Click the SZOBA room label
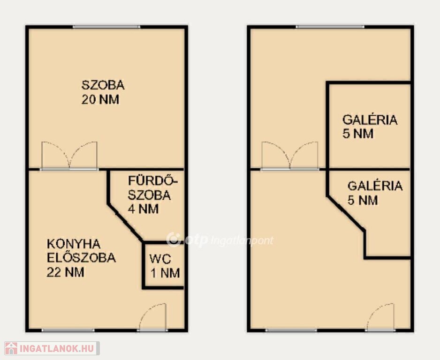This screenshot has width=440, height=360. pyautogui.click(x=103, y=85)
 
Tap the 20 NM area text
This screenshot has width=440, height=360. pyautogui.click(x=100, y=99)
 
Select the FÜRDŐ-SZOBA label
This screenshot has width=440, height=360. pyautogui.click(x=152, y=188)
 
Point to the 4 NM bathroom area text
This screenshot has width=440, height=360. pyautogui.click(x=143, y=209)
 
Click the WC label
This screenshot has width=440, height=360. pyautogui.click(x=160, y=259)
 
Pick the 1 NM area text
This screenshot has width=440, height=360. pyautogui.click(x=165, y=273)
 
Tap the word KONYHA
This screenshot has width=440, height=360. pyautogui.click(x=74, y=244)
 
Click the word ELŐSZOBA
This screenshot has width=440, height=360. pyautogui.click(x=81, y=258)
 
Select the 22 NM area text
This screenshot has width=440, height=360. pyautogui.click(x=65, y=272)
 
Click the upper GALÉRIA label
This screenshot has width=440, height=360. pyautogui.click(x=370, y=120)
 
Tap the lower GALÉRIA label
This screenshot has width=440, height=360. pyautogui.click(x=375, y=186)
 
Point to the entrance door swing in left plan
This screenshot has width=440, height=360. pyautogui.click(x=152, y=317)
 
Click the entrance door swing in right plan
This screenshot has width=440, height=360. pyautogui.click(x=380, y=317)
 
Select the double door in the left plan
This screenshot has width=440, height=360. pyautogui.click(x=69, y=156)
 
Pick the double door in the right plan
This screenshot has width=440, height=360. pyautogui.click(x=289, y=156)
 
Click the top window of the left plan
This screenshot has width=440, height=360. pyautogui.click(x=106, y=27)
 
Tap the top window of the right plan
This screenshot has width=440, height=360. pyautogui.click(x=330, y=27)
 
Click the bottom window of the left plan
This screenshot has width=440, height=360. pyautogui.click(x=68, y=330)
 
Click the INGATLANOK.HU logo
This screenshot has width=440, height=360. pyautogui.click(x=52, y=348)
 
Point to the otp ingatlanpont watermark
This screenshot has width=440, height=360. pyautogui.click(x=220, y=240)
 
